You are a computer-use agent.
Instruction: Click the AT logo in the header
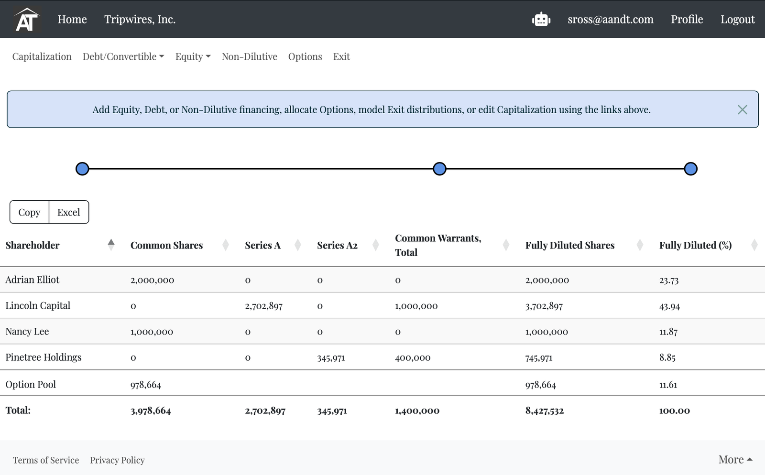27,19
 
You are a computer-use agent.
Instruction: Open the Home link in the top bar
72,19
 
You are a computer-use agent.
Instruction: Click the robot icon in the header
541,19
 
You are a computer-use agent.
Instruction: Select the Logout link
738,19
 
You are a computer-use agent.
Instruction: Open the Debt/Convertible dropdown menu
123,56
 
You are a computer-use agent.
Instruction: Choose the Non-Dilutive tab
249,56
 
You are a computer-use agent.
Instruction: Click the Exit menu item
341,56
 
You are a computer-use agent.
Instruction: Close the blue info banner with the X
742,109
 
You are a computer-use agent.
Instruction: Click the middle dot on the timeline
439,169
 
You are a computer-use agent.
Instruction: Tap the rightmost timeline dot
690,169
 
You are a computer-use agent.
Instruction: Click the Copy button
29,212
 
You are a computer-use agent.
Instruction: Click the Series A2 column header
337,245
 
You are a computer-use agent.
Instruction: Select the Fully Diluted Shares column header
569,245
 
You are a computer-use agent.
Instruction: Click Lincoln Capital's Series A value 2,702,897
263,306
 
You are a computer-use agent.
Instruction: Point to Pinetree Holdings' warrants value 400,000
413,357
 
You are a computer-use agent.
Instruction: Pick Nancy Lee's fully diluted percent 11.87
668,331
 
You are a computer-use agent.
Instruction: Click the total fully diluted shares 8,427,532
545,410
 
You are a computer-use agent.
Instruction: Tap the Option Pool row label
31,384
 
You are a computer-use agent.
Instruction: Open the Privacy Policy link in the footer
117,460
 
